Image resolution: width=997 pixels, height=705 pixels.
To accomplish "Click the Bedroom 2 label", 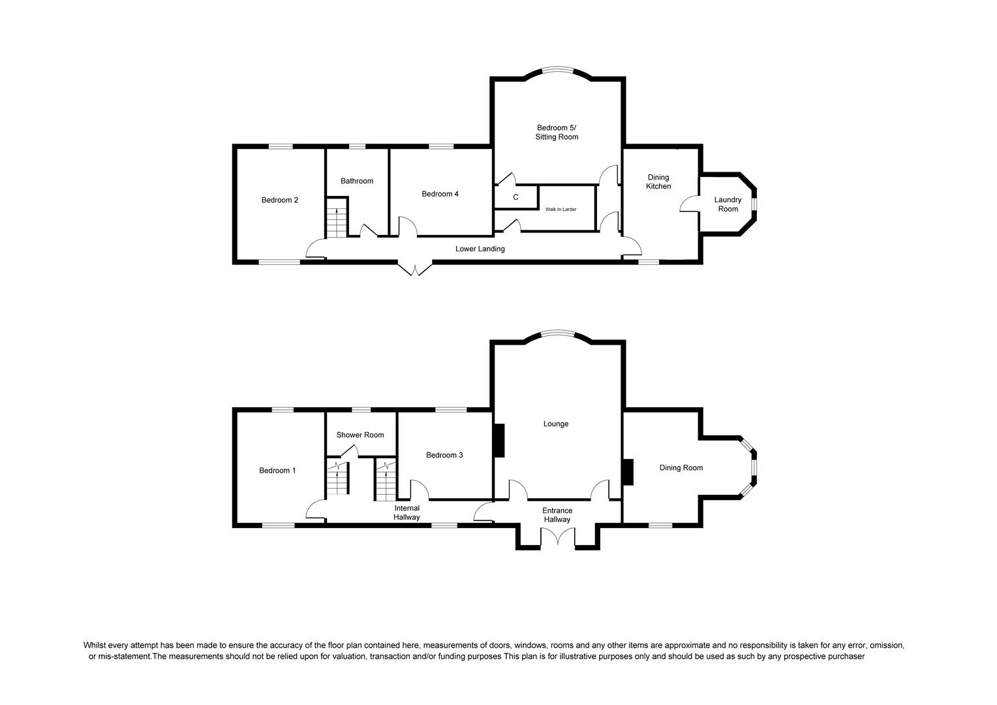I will pyautogui.click(x=279, y=200).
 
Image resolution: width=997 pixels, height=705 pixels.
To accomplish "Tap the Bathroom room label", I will pyautogui.click(x=357, y=181).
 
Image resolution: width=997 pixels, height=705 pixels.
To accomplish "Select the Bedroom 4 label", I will pyautogui.click(x=440, y=194).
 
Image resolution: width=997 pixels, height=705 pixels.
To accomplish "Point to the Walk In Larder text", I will pyautogui.click(x=560, y=210).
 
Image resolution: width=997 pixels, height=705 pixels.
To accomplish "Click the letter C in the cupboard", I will pyautogui.click(x=515, y=197).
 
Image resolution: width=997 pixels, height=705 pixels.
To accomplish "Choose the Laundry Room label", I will pyautogui.click(x=728, y=204).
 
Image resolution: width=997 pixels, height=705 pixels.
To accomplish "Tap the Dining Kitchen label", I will pyautogui.click(x=658, y=182).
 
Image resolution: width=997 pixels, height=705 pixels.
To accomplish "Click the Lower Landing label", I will pyautogui.click(x=480, y=249).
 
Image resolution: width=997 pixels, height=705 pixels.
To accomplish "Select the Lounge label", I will pyautogui.click(x=555, y=424).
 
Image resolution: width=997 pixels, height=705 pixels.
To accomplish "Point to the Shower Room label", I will pyautogui.click(x=360, y=435).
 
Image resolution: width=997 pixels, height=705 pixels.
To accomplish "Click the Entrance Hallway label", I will pyautogui.click(x=557, y=515).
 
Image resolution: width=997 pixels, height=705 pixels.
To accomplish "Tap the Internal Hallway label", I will pyautogui.click(x=406, y=512).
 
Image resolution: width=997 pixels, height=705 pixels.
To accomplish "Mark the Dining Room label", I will pyautogui.click(x=681, y=467).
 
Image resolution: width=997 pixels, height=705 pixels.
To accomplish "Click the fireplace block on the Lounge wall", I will pyautogui.click(x=498, y=440).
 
